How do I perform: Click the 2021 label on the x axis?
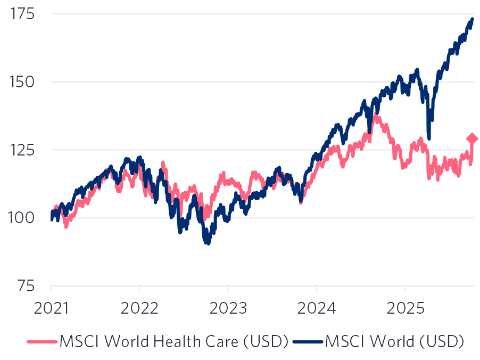(51, 308)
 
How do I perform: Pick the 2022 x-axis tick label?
(139, 308)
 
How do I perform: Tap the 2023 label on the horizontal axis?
(228, 308)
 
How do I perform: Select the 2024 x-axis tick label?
(316, 308)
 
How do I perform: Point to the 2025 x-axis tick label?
(405, 308)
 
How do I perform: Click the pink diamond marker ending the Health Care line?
(472, 138)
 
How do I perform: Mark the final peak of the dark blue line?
(472, 19)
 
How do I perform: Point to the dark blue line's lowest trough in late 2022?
(208, 243)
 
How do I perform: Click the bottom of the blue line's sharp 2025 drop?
(429, 138)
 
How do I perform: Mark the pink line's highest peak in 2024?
(375, 115)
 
